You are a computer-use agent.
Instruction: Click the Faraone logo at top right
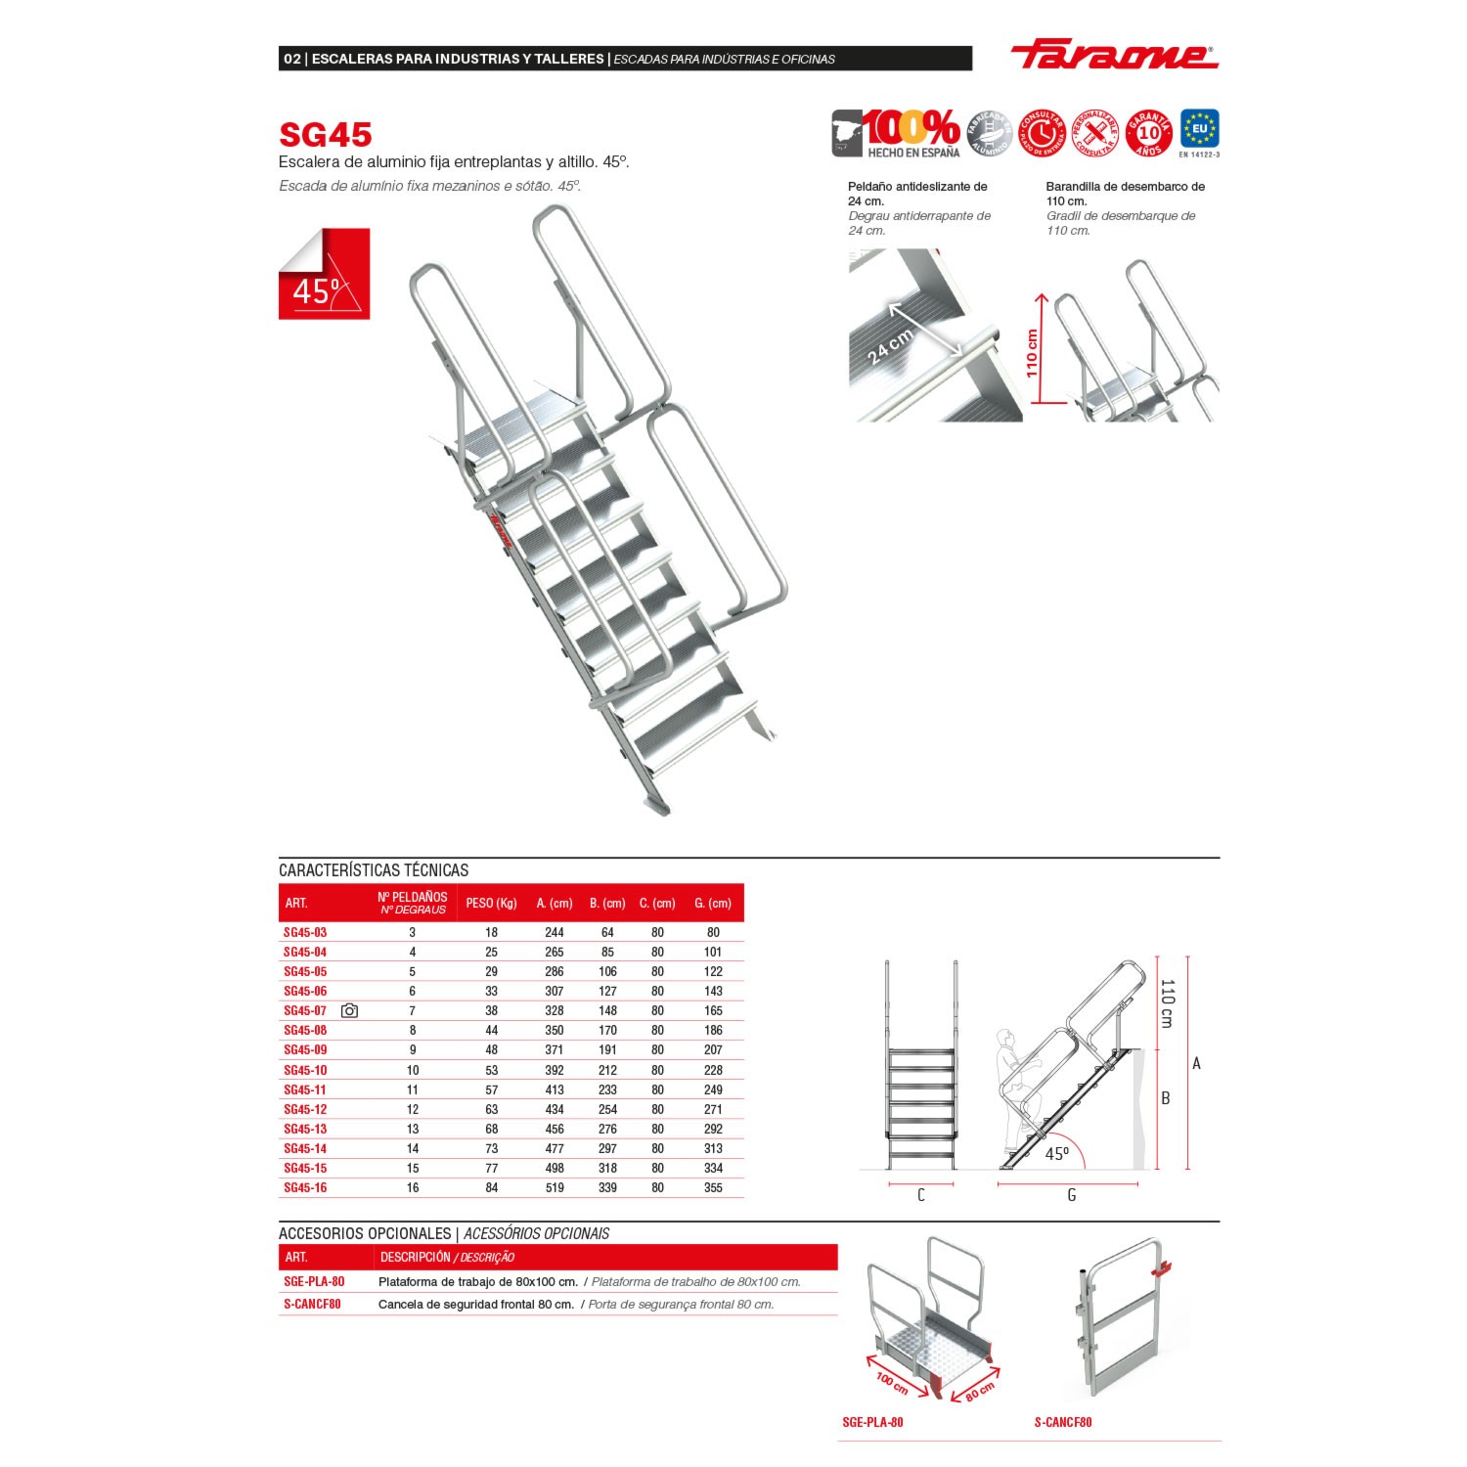[1114, 57]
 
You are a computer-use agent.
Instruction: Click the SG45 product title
[325, 134]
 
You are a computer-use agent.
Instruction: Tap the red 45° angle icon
[324, 274]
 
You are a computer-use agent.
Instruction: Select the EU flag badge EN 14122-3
[1199, 131]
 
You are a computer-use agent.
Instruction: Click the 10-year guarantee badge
[1149, 132]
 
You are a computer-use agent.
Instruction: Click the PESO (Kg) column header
[491, 903]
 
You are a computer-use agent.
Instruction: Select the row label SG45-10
[305, 1070]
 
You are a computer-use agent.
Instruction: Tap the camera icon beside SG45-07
[349, 1010]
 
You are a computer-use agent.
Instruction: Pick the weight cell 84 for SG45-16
[491, 1187]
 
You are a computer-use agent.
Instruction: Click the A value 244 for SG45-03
[554, 932]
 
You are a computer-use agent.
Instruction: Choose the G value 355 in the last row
[713, 1187]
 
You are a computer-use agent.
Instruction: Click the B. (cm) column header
[607, 903]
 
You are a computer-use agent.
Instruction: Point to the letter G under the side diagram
[1072, 1195]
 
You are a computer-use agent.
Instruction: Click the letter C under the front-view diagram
[920, 1195]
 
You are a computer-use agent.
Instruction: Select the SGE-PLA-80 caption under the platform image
[872, 1421]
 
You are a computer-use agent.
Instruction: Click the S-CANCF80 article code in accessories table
[312, 1304]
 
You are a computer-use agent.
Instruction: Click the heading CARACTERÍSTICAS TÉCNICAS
[374, 869]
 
